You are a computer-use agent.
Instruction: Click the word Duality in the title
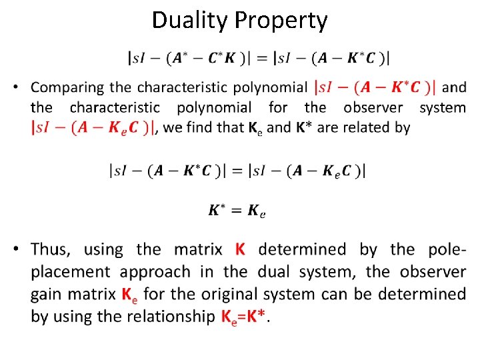click(x=190, y=21)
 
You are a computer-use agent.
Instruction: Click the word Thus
click(x=49, y=250)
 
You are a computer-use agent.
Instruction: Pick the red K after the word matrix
click(x=240, y=250)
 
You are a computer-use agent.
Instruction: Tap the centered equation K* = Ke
click(x=237, y=211)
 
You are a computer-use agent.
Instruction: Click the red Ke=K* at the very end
click(x=243, y=316)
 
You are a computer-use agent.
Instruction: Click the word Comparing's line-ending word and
click(x=454, y=87)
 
